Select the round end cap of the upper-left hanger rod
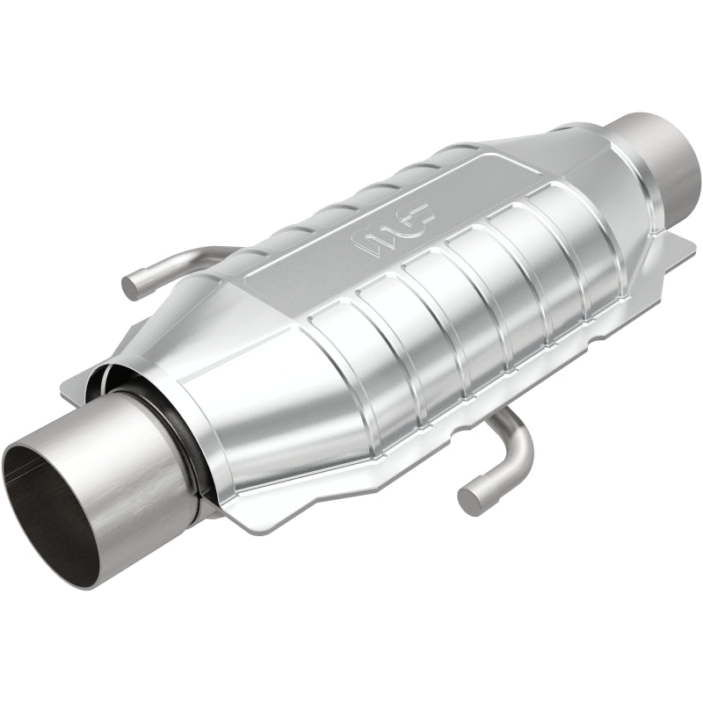(131, 285)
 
